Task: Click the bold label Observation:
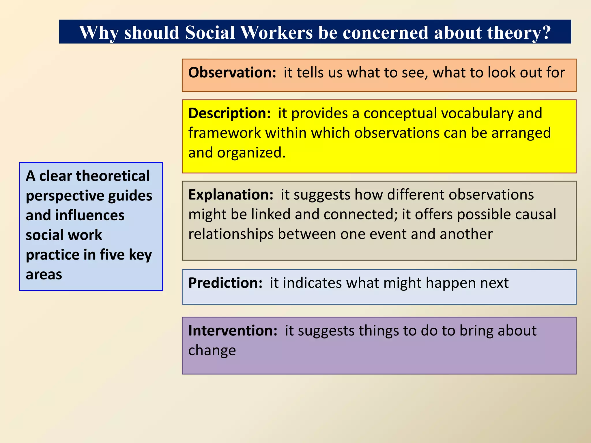coord(232,72)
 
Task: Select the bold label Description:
coord(229,113)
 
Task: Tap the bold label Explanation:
coord(231,195)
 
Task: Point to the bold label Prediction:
coord(225,283)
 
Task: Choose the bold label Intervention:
coord(233,331)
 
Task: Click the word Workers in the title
coord(276,32)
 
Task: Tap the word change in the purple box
coord(212,350)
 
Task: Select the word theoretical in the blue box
coord(113,176)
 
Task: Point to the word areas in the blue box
coord(44,275)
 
